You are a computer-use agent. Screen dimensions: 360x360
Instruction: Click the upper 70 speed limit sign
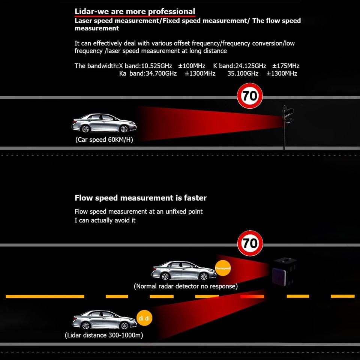(250, 96)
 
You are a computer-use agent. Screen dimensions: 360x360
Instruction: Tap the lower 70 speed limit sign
(250, 244)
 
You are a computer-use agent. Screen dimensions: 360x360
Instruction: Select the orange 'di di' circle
(144, 318)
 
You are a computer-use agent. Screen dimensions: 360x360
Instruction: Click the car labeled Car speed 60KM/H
(104, 123)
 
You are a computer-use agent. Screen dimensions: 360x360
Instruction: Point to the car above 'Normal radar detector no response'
(184, 270)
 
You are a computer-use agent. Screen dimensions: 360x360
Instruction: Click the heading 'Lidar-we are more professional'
(135, 12)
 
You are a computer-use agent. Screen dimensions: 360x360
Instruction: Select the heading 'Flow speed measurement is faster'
(141, 198)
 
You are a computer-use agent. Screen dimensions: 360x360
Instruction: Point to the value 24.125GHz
(245, 66)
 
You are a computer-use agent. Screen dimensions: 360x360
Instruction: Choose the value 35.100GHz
(243, 73)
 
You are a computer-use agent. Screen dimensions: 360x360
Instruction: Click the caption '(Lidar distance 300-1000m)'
(104, 335)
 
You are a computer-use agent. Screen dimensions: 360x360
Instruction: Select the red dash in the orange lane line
(252, 296)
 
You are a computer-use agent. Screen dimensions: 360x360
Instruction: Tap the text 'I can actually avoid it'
(105, 220)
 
